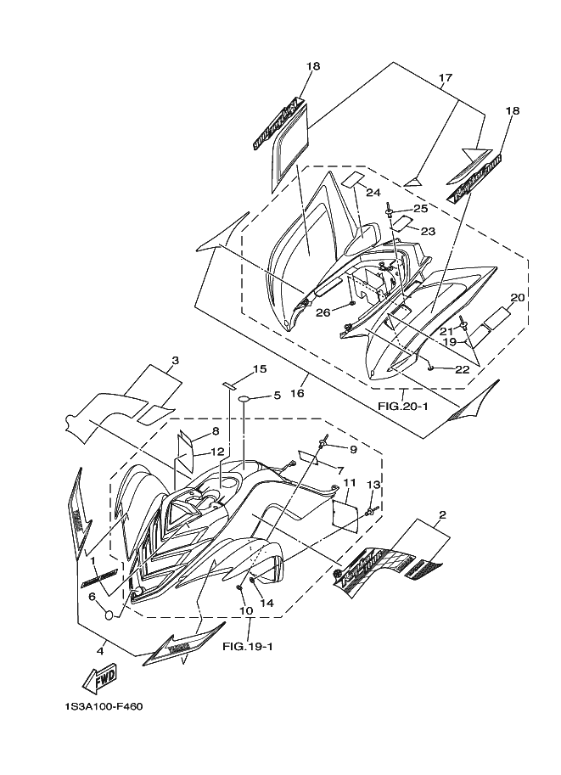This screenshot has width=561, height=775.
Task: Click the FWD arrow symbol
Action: tap(98, 678)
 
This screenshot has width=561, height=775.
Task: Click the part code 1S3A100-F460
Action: tap(103, 705)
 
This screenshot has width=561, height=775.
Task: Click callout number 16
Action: tap(304, 394)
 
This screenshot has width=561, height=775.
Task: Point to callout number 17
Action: tap(445, 79)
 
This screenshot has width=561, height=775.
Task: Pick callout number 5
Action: tap(276, 396)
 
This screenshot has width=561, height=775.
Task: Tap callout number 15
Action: tap(260, 368)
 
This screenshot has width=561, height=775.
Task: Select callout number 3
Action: tap(174, 360)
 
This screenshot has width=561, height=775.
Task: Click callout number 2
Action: tap(442, 515)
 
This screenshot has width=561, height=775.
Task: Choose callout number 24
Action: tap(374, 193)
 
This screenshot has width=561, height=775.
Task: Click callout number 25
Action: tap(420, 209)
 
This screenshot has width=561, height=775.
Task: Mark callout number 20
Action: tap(517, 297)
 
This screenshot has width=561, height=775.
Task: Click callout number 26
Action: tap(323, 312)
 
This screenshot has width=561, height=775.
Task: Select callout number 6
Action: tap(92, 597)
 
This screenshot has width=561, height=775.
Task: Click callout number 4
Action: tap(100, 651)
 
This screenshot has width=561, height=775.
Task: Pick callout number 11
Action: tap(348, 483)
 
